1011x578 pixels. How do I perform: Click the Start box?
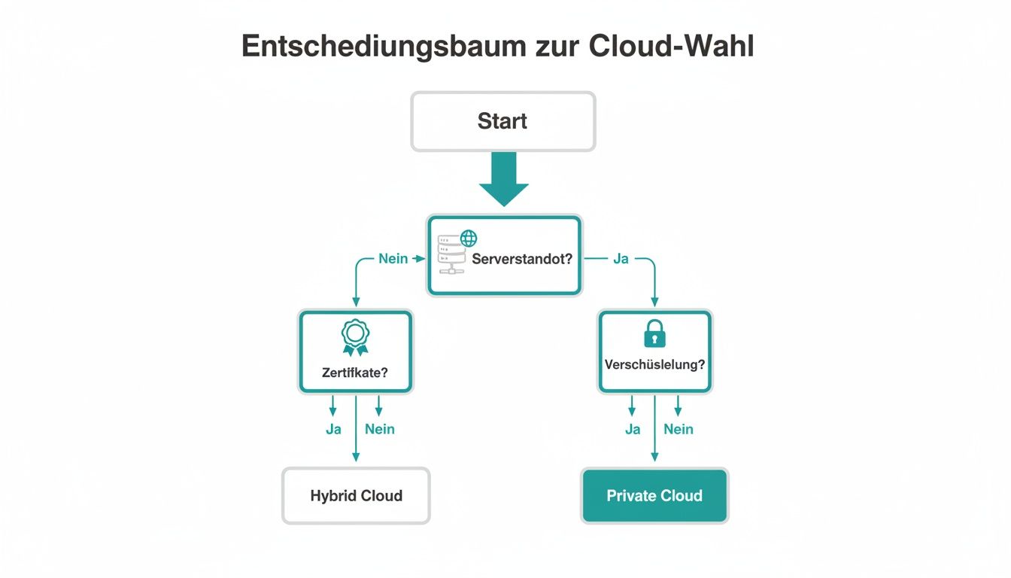point(502,121)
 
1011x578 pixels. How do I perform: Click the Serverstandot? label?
point(522,259)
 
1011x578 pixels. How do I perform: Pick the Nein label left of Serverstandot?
point(393,259)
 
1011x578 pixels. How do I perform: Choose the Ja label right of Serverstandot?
point(621,259)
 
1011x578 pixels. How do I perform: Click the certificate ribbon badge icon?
point(356,337)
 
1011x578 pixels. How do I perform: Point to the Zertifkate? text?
point(355,372)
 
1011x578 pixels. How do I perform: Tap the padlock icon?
point(654,333)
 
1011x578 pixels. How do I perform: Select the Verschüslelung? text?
point(654,364)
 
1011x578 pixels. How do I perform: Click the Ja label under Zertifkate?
point(333,429)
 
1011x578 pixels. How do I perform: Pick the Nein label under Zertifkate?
point(379,429)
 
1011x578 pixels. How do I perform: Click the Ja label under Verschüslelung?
point(633,429)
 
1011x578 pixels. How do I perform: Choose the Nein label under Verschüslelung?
point(679,429)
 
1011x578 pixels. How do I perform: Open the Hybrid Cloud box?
point(356,496)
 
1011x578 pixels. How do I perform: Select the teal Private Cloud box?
point(654,496)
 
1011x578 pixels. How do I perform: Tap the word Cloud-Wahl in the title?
point(671,47)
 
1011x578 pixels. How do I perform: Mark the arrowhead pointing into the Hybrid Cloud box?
point(356,458)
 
